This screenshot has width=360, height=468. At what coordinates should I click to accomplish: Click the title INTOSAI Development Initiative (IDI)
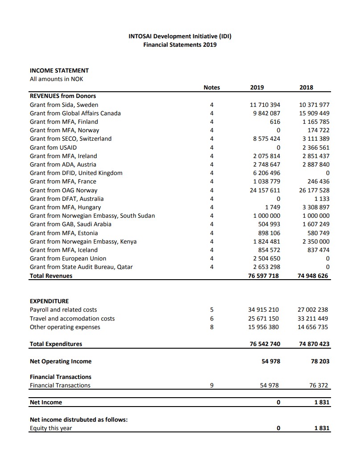180,36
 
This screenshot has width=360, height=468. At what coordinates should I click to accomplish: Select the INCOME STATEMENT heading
59,70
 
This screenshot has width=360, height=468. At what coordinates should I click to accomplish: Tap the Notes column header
212,88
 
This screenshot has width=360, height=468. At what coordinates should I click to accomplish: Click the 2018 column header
306,88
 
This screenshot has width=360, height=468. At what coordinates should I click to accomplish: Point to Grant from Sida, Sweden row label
64,105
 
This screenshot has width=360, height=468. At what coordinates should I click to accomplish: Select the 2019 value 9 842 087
266,113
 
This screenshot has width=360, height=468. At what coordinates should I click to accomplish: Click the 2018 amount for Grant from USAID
315,147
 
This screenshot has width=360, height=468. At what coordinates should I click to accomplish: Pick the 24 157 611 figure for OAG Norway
264,190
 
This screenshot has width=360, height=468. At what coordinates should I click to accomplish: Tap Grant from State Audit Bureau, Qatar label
81,267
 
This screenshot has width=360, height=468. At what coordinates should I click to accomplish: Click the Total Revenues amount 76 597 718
263,276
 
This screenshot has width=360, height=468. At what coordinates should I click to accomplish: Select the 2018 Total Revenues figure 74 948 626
313,276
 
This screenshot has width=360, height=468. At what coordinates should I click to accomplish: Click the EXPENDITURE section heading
49,301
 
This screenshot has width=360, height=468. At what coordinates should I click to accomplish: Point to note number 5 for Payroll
212,309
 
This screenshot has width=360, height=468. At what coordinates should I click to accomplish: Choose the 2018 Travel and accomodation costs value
313,318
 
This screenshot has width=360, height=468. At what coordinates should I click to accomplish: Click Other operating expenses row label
65,327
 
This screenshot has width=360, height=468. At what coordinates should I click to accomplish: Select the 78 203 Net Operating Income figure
320,361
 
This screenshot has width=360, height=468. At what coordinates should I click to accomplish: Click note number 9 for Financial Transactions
212,386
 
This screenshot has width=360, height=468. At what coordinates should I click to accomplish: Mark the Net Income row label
46,402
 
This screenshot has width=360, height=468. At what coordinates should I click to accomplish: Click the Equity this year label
51,428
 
